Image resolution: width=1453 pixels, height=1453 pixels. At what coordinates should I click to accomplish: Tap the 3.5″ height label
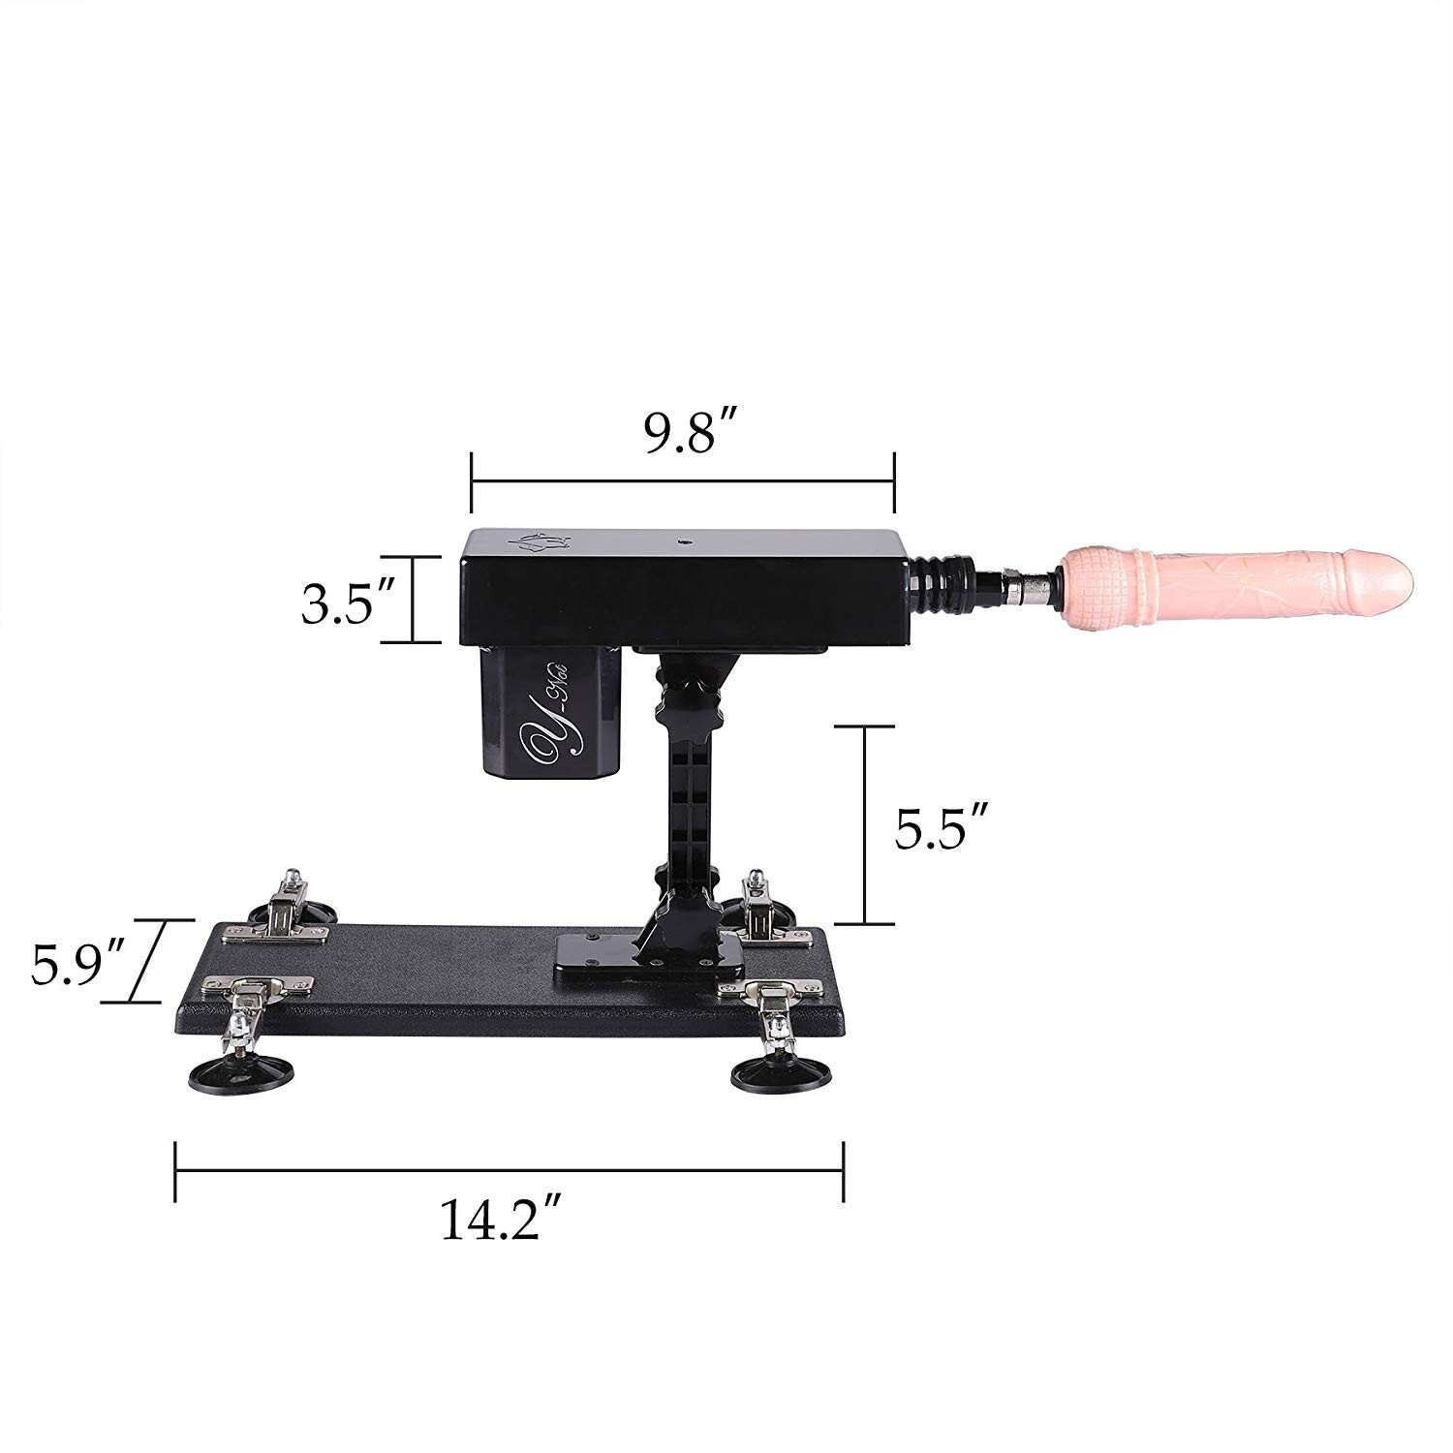(x=337, y=606)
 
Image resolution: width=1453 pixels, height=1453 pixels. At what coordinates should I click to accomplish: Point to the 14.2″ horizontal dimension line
(x=509, y=1171)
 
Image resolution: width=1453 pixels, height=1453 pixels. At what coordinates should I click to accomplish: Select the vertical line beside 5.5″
(x=865, y=824)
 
